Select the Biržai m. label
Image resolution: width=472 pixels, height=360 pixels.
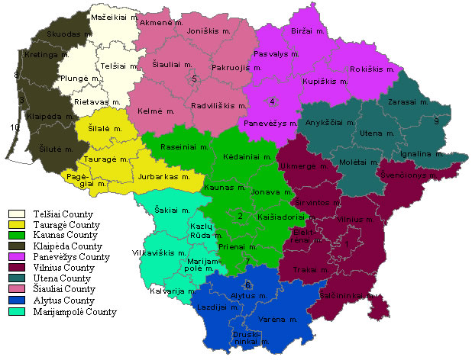309,32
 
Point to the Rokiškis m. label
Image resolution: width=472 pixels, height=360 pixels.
371,69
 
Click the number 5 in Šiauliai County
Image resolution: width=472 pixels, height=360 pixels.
195,79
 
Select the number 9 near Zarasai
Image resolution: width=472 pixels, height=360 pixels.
436,121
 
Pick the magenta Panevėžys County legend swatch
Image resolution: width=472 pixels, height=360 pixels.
15,259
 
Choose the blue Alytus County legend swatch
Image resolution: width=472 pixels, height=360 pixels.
15,301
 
